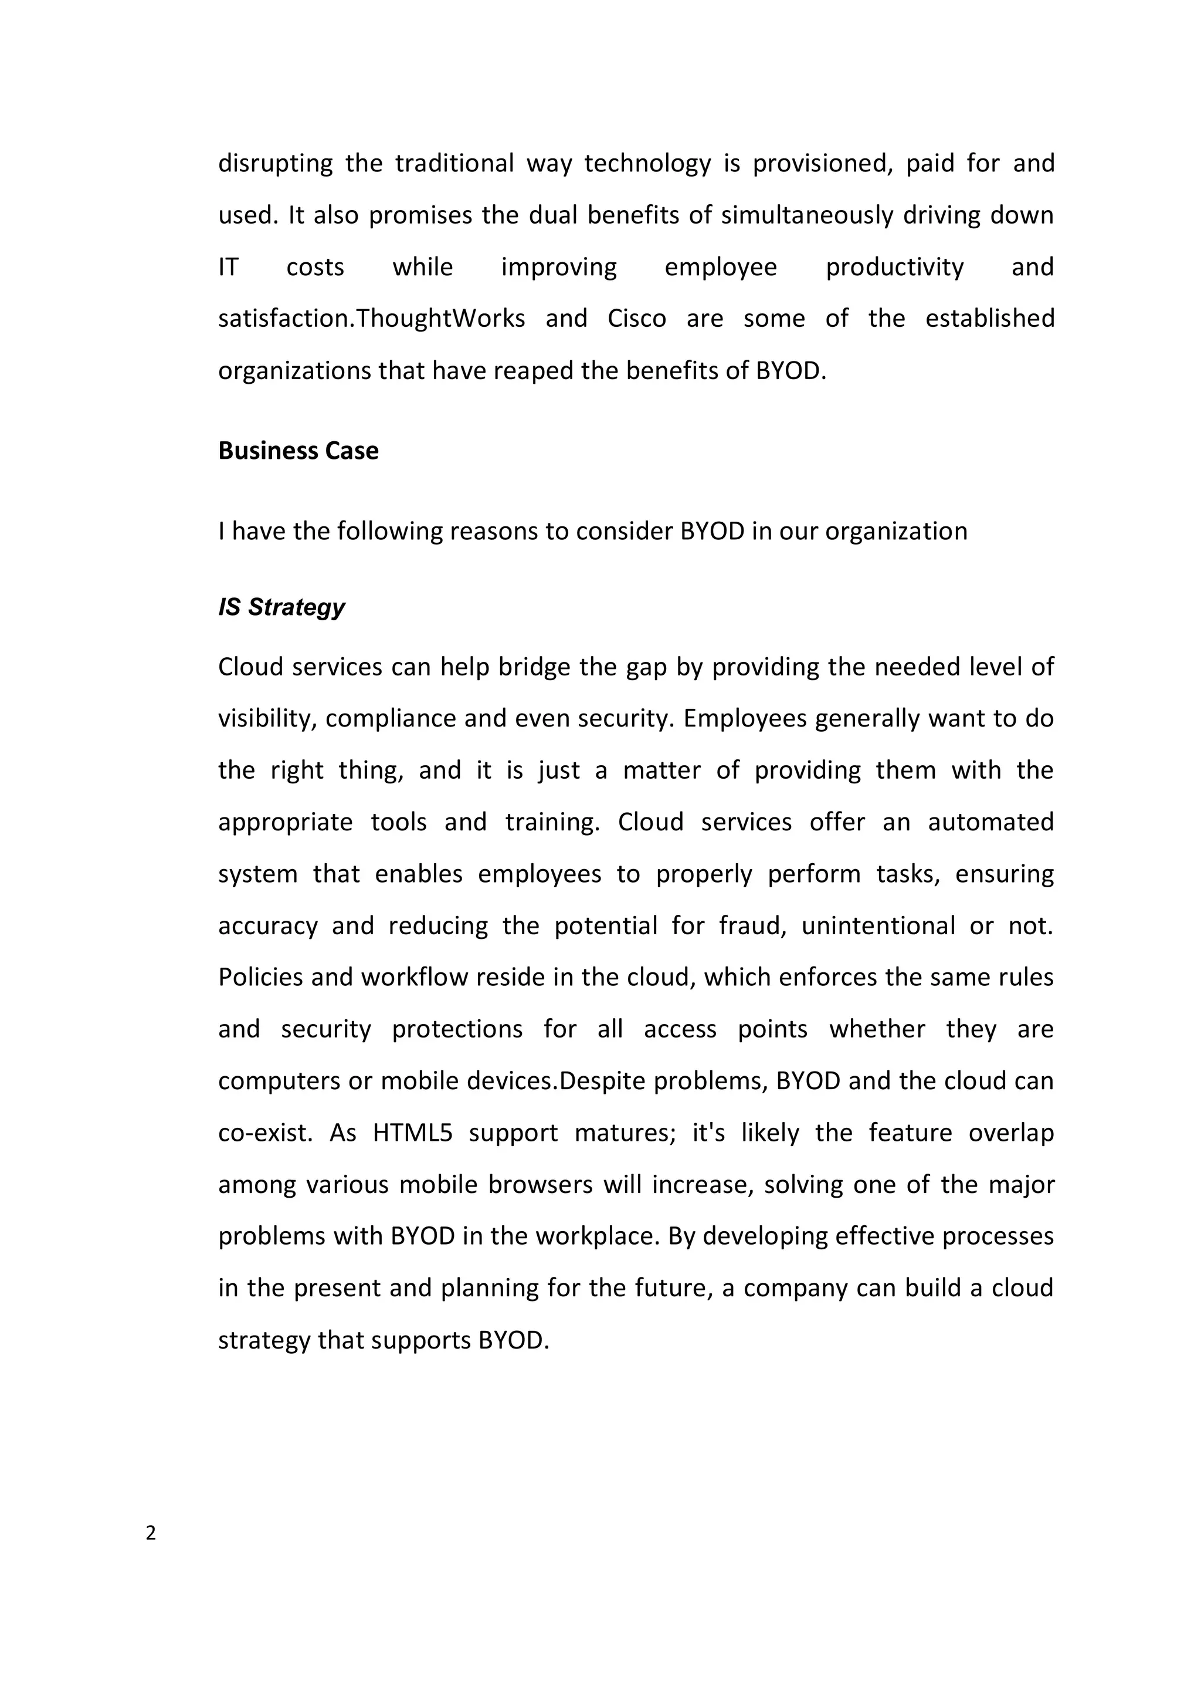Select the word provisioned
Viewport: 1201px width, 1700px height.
pos(820,164)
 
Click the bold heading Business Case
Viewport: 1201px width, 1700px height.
pos(298,451)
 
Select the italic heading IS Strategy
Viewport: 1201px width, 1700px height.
pos(281,607)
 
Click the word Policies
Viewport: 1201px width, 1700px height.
pos(260,978)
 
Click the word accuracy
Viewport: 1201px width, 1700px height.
pos(267,926)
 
